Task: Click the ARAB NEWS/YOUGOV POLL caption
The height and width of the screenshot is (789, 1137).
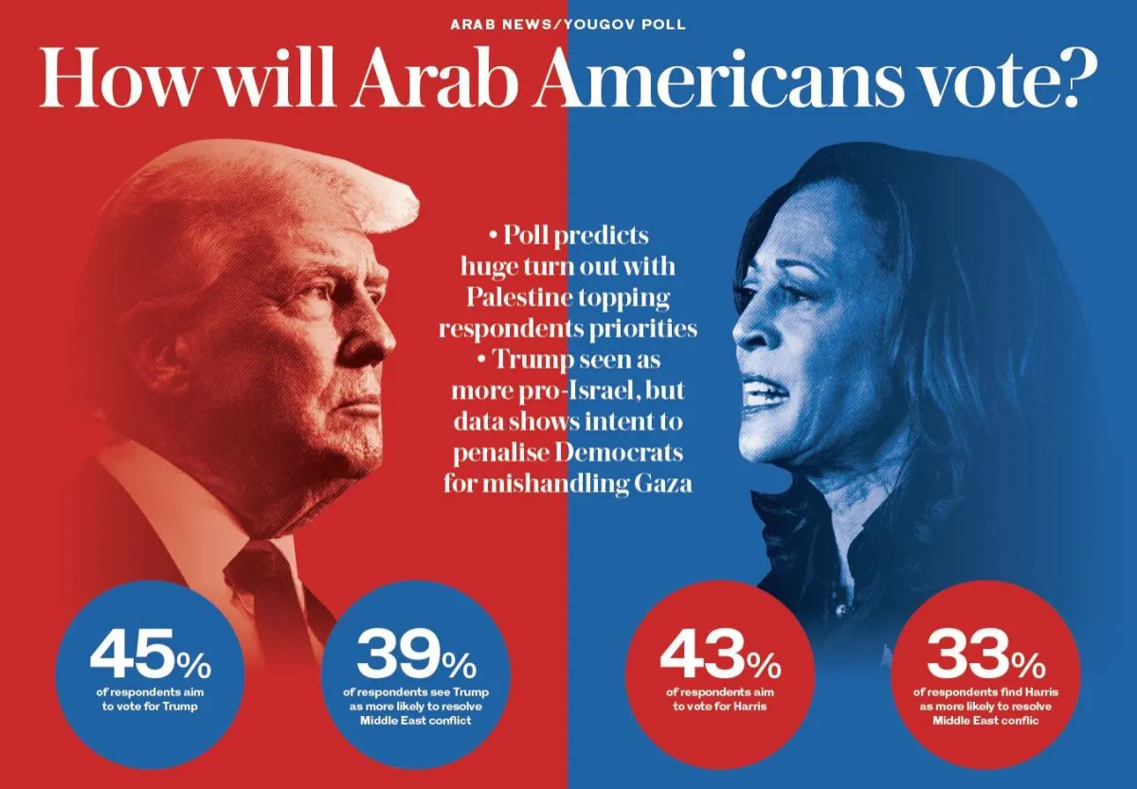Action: pyautogui.click(x=568, y=24)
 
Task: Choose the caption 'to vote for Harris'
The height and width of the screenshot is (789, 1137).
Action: pyautogui.click(x=719, y=707)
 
